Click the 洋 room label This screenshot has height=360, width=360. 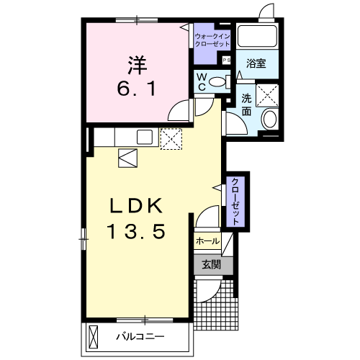pos(137,65)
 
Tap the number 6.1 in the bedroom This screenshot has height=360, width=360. pos(137,88)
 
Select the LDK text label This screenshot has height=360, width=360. pos(136,206)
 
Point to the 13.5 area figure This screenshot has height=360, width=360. pos(137,231)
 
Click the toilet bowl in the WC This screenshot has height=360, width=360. pos(217,82)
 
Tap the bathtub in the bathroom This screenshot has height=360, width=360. pos(257,36)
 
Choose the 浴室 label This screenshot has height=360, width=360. pos(256,63)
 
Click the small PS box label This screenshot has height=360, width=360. pos(226,60)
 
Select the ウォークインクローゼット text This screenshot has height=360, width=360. pos(212,40)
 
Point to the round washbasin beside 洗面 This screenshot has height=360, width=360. pos(270,120)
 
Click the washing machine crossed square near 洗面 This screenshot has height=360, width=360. pos(267,95)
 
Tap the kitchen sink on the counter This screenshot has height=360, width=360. pos(145,137)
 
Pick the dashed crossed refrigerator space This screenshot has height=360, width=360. pos(171,139)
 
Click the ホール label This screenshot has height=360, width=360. pos(207,241)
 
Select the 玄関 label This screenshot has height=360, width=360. pos(211,265)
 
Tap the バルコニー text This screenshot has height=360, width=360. pos(140,336)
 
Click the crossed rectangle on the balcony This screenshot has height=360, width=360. pos(93,337)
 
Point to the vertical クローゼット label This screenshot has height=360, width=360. pos(235,201)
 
